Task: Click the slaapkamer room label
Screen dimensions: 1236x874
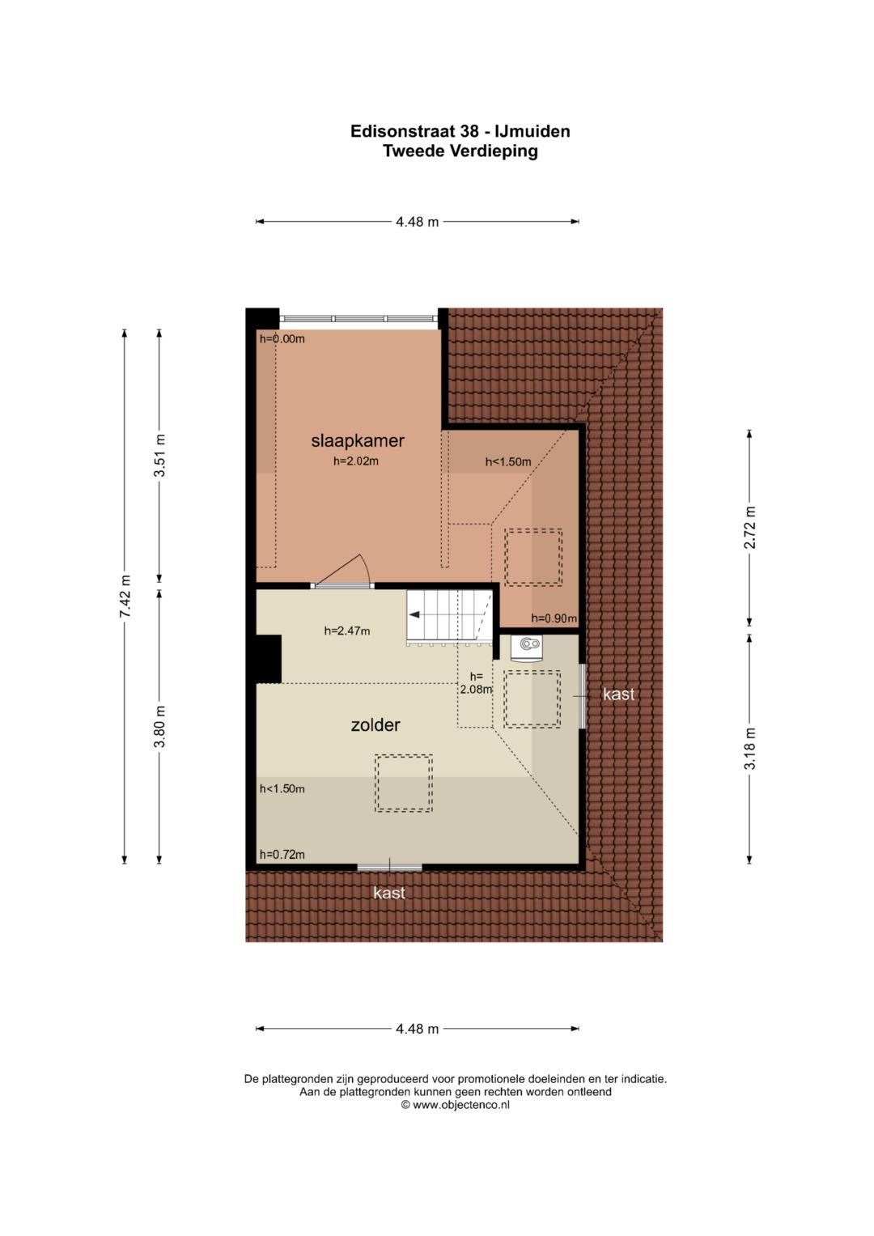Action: click(x=358, y=441)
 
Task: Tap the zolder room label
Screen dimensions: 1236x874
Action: click(x=375, y=725)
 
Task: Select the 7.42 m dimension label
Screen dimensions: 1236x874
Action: click(x=125, y=597)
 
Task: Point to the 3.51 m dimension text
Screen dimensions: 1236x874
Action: click(x=159, y=456)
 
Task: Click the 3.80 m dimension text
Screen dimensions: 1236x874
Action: click(x=159, y=726)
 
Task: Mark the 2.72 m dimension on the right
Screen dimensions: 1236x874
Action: click(x=750, y=528)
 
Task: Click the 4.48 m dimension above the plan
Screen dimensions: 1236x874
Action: click(x=417, y=222)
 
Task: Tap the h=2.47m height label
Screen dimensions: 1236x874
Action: click(x=347, y=631)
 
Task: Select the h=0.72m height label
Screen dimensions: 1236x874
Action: click(x=282, y=855)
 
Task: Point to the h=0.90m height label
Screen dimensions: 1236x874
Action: click(x=554, y=618)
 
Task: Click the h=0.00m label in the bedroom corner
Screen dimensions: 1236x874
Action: click(x=282, y=339)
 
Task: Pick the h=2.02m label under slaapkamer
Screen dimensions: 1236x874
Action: click(x=356, y=461)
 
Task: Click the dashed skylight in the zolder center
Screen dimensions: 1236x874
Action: click(x=403, y=783)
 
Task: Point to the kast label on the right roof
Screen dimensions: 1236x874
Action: click(x=619, y=694)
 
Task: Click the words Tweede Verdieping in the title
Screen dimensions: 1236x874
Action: click(x=460, y=151)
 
